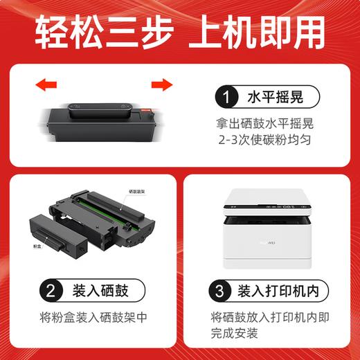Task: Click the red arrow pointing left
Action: coord(46,86)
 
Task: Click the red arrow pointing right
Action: coord(161,85)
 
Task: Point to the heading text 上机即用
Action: coord(267,30)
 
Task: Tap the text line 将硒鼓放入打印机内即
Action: coord(269,318)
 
